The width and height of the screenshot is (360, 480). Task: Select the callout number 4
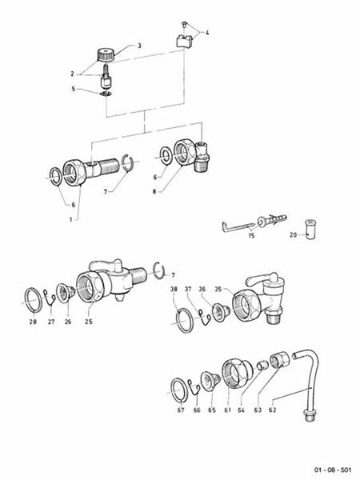coord(207,33)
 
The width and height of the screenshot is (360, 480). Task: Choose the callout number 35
coord(217,290)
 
